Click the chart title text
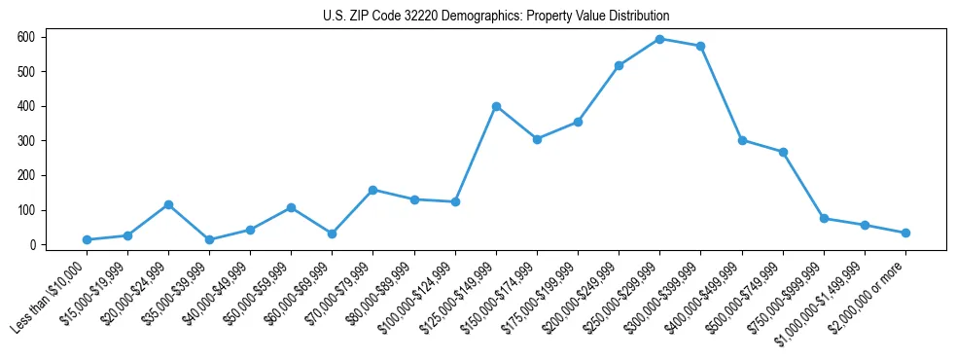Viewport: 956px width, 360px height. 496,17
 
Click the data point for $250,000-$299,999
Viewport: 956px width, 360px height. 660,39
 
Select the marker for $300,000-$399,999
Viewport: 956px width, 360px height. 701,46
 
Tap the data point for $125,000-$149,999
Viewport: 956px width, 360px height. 496,106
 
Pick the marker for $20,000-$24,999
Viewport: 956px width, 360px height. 169,204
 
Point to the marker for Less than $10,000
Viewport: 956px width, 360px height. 88,239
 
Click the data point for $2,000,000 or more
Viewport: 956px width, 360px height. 905,233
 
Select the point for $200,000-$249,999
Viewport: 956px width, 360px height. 620,65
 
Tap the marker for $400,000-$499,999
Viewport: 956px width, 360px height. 742,140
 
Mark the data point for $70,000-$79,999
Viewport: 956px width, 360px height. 373,190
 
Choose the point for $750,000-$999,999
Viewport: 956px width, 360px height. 824,218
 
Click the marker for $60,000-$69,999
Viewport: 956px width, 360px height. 333,234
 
